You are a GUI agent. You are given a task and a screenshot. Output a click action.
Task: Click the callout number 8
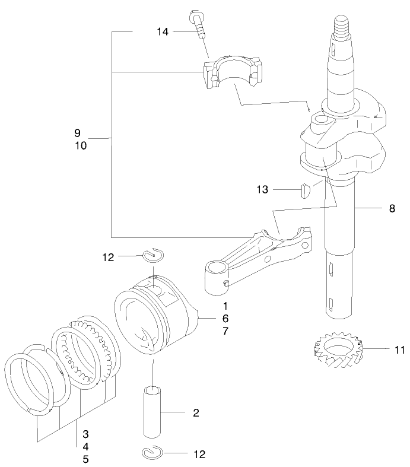tap(392, 208)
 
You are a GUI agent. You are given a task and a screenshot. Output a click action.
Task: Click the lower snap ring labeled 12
tap(154, 453)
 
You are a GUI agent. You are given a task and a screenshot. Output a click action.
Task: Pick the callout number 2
tap(196, 412)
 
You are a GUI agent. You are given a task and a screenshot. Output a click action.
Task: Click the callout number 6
tap(225, 318)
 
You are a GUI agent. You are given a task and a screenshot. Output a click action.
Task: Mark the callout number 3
tap(86, 434)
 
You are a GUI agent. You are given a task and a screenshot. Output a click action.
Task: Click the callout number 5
tap(86, 459)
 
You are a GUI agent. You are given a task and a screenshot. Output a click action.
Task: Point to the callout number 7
tap(225, 331)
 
